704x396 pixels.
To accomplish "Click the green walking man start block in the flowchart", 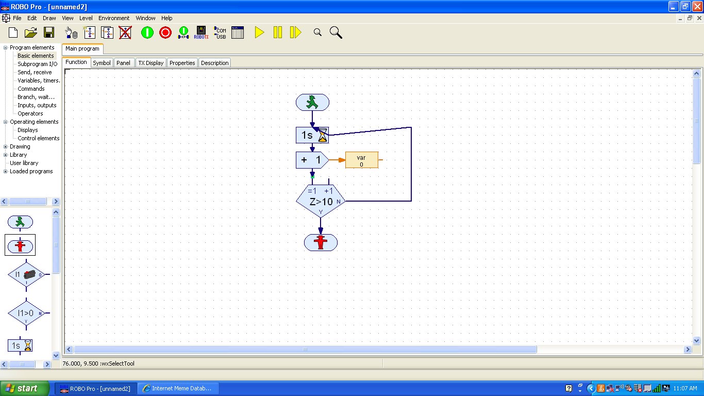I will tap(312, 102).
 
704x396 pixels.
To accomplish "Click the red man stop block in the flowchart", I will tap(321, 242).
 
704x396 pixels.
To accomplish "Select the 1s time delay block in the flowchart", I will tap(312, 135).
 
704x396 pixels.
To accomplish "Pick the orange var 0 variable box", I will tap(361, 160).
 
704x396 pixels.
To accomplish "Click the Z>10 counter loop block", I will tap(321, 201).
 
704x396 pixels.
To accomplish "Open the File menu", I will tap(17, 18).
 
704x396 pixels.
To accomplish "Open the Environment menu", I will tap(114, 18).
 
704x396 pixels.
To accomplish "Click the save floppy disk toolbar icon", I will tap(49, 32).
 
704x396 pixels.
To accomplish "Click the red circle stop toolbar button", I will tap(165, 32).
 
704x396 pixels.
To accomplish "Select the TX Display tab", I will tap(150, 63).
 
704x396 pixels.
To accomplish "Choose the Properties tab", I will tap(182, 63).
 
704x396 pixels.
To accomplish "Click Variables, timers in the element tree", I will tap(39, 80).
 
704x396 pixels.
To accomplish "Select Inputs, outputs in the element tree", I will tap(37, 105).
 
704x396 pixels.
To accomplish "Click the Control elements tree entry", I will tap(39, 138).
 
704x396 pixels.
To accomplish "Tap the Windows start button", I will tap(25, 388).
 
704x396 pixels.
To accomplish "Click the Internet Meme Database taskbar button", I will tap(178, 388).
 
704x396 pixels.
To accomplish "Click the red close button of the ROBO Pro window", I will tap(697, 7).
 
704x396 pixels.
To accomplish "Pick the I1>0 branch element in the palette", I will tap(26, 313).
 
